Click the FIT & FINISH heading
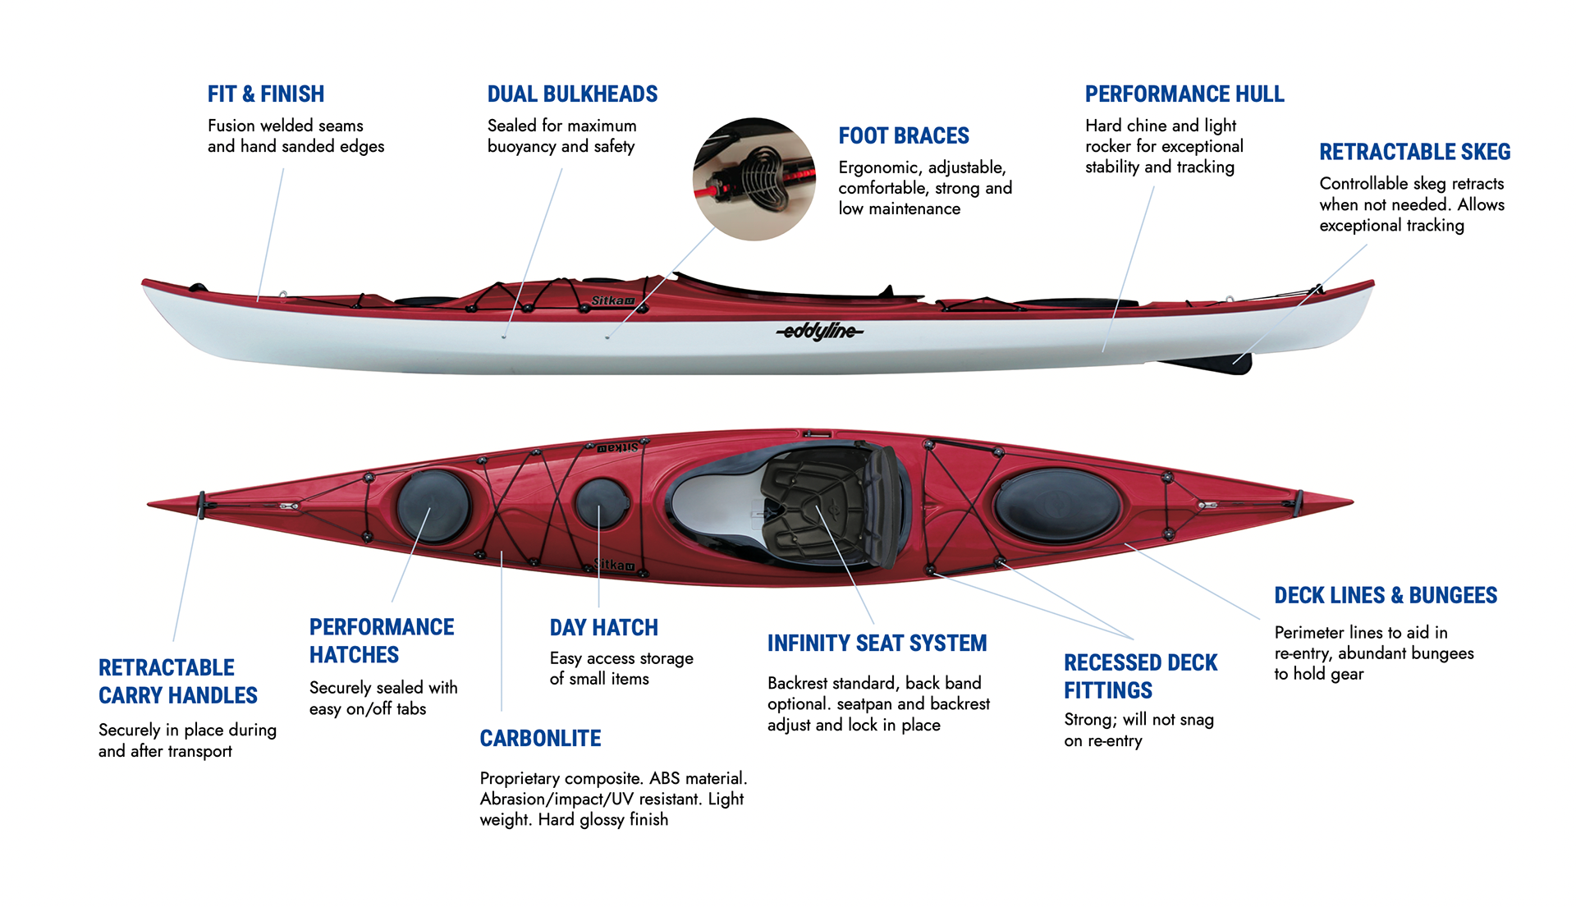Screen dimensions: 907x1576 (x=265, y=94)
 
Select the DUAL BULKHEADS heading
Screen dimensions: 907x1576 (x=572, y=94)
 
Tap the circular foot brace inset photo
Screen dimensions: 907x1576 (x=754, y=179)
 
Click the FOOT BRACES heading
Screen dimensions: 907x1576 (x=903, y=136)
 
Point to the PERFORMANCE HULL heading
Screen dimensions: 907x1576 (x=1184, y=94)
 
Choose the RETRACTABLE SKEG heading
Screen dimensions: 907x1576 (x=1414, y=153)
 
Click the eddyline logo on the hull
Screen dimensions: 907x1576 (x=819, y=331)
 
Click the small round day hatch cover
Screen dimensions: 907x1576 (x=601, y=503)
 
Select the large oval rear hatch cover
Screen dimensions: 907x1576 (x=1057, y=506)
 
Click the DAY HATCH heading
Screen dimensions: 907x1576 (x=603, y=628)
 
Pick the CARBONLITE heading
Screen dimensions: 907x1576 (x=540, y=739)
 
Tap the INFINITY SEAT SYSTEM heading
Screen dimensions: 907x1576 (x=877, y=644)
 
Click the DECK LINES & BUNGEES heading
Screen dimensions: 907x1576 (x=1385, y=596)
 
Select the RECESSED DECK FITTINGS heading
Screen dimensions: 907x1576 (x=1140, y=676)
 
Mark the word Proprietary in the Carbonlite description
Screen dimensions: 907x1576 (x=520, y=778)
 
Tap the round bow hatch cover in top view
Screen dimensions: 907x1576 (x=433, y=506)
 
